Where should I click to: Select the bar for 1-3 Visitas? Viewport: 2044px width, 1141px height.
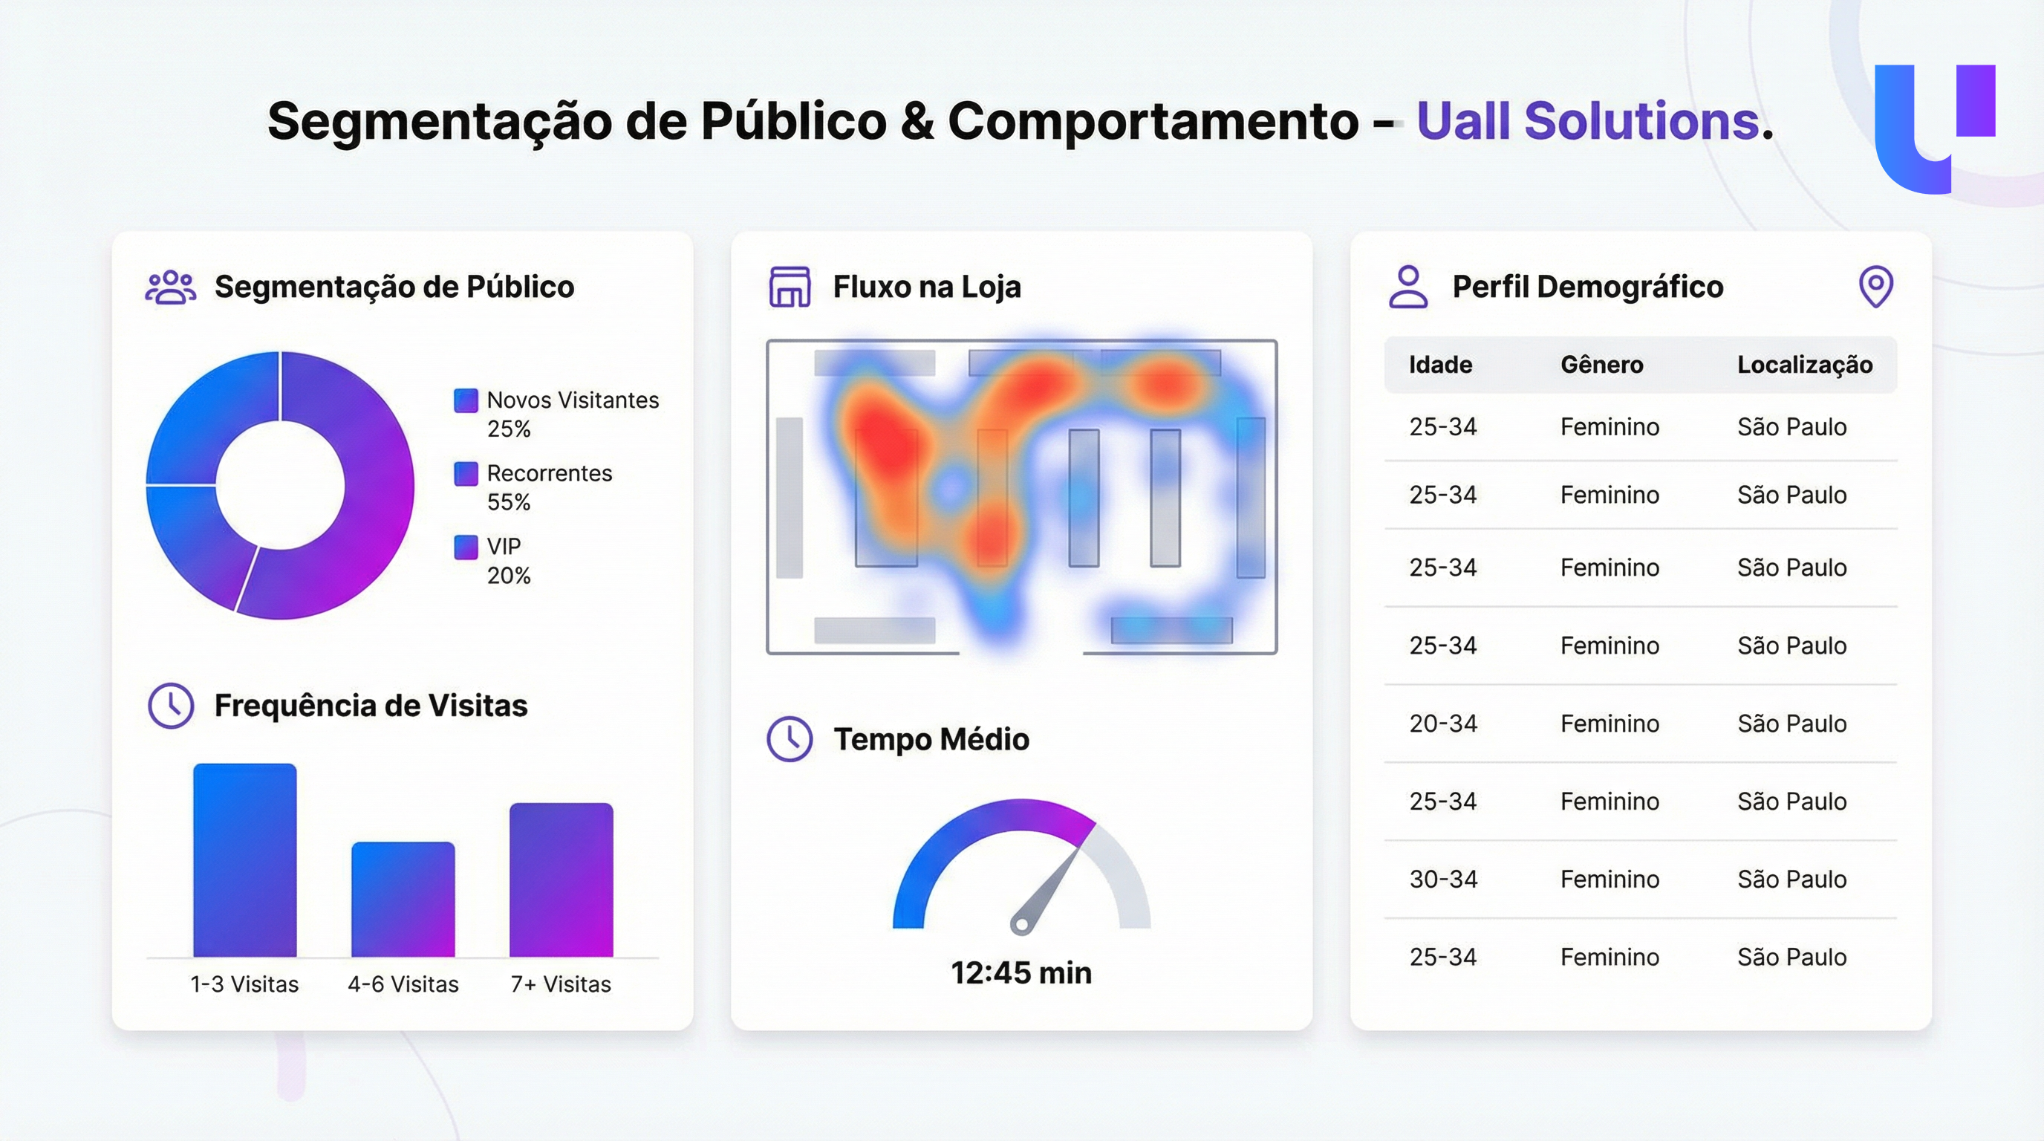click(x=245, y=860)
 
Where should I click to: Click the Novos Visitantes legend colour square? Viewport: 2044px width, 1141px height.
click(x=466, y=400)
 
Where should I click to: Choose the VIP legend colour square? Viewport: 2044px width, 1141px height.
click(x=466, y=547)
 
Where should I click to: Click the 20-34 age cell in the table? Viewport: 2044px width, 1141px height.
click(x=1442, y=724)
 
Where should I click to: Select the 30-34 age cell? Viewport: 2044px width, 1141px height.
click(x=1442, y=880)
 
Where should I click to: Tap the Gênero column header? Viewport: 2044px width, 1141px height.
click(x=1601, y=365)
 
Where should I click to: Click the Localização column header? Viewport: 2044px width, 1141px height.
click(x=1804, y=365)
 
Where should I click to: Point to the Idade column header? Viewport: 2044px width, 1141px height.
click(x=1440, y=365)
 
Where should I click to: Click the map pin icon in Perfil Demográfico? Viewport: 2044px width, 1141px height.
click(x=1876, y=286)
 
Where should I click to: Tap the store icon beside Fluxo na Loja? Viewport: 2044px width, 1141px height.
click(x=790, y=287)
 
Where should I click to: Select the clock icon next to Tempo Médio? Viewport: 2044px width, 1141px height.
click(x=790, y=738)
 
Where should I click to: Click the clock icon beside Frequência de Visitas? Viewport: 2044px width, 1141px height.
click(x=171, y=706)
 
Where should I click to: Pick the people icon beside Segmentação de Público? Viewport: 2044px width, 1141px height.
click(x=171, y=287)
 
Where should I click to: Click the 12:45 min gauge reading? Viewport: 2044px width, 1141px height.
click(x=1021, y=973)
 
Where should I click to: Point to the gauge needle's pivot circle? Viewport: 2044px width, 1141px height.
click(x=1021, y=924)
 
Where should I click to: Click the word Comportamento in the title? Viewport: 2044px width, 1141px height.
click(x=1153, y=121)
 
